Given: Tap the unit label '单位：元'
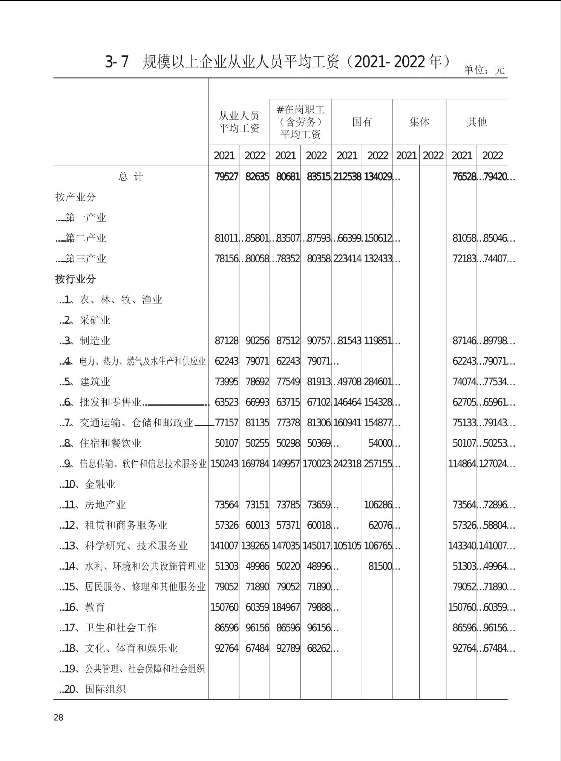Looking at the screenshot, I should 484,70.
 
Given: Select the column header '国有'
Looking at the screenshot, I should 362,122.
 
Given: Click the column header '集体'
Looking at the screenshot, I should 419,122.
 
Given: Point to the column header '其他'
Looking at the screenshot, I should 477,122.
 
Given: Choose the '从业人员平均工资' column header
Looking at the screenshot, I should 239,122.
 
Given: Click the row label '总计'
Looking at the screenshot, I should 130,177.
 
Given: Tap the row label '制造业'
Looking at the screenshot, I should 95,341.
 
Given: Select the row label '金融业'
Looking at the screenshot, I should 100,484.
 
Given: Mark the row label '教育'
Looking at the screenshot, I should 95,607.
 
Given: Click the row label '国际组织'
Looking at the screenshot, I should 105,689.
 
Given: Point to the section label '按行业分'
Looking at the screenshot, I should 75,279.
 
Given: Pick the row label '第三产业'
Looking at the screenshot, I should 86,259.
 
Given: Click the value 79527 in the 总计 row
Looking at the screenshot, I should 226,177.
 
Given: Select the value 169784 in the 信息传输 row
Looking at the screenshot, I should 255,464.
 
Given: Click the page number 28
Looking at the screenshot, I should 58,717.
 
